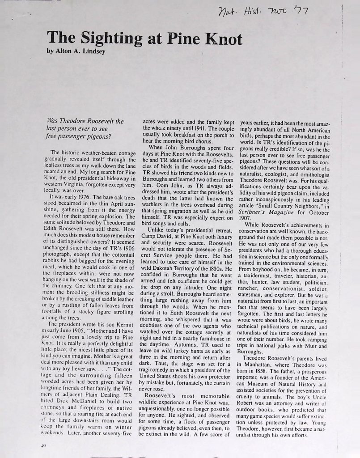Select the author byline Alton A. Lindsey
coord(83,51)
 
